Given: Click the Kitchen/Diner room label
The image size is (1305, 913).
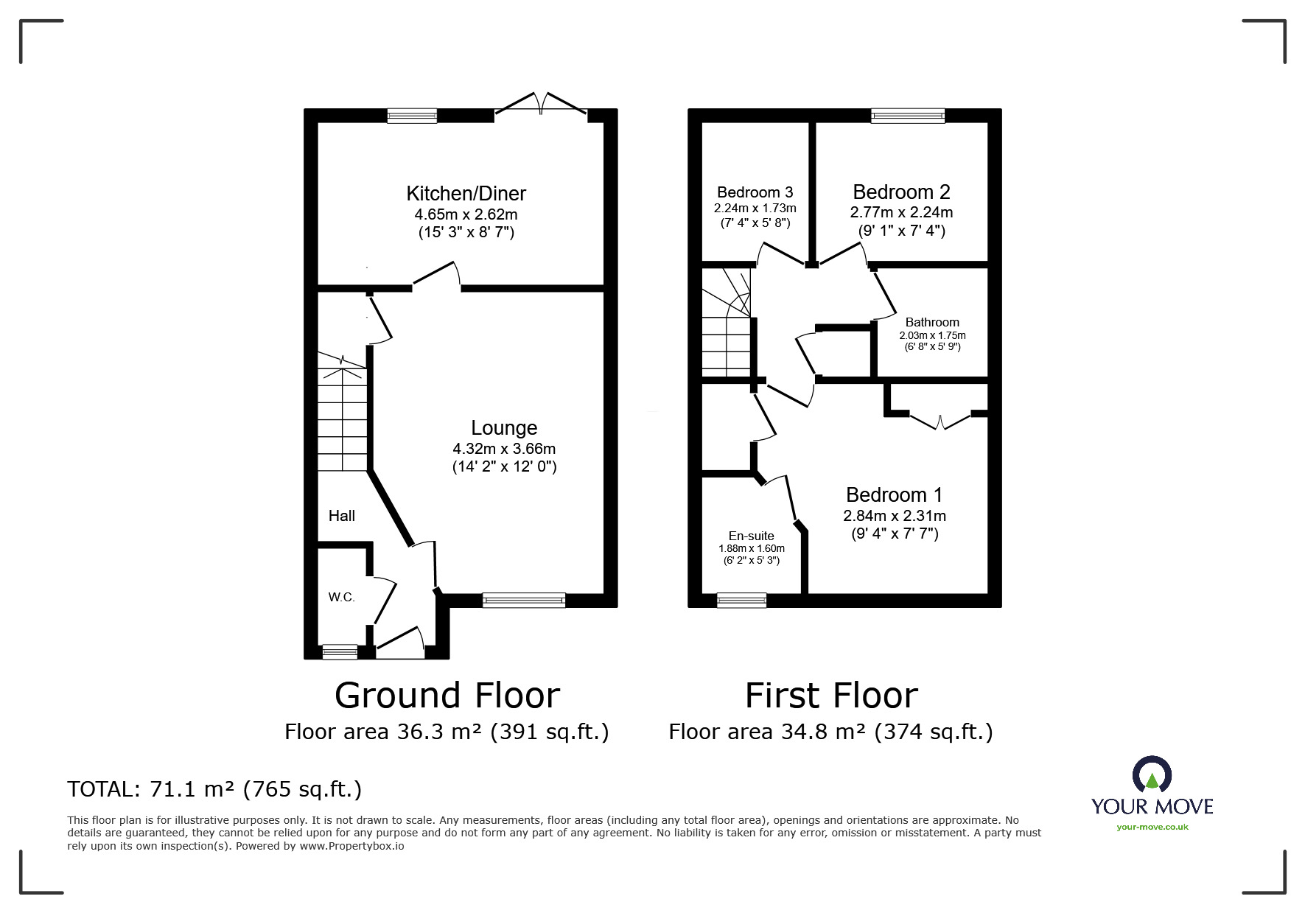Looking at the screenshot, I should tap(466, 194).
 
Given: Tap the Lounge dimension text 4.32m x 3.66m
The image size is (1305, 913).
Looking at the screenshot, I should tap(504, 449).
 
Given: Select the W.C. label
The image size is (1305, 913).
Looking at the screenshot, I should tap(342, 597).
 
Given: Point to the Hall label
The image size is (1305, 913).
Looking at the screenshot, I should tap(342, 516).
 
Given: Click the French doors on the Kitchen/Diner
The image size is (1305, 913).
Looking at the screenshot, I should tap(542, 105).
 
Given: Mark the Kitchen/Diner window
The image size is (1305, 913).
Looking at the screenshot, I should tap(412, 116).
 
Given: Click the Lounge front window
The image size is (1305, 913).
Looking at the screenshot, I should tap(524, 601).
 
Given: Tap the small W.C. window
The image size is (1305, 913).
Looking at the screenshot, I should tap(340, 651).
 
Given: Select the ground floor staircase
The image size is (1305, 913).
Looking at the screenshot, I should tap(342, 416).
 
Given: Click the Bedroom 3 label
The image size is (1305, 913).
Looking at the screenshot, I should tap(755, 192).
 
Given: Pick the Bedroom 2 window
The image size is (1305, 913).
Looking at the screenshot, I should tap(907, 116).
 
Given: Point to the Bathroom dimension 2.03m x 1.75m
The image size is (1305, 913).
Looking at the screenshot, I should tap(932, 335).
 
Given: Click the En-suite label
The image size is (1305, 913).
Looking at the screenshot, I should tap(751, 536).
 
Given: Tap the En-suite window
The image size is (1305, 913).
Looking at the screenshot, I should tap(741, 601).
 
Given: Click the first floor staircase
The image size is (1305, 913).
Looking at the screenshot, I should tap(726, 324).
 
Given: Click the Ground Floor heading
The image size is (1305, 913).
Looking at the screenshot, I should tap(447, 695).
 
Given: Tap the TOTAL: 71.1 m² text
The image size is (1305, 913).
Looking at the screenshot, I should tap(214, 789).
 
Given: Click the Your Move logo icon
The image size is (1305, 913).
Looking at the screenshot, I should tap(1152, 774).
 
